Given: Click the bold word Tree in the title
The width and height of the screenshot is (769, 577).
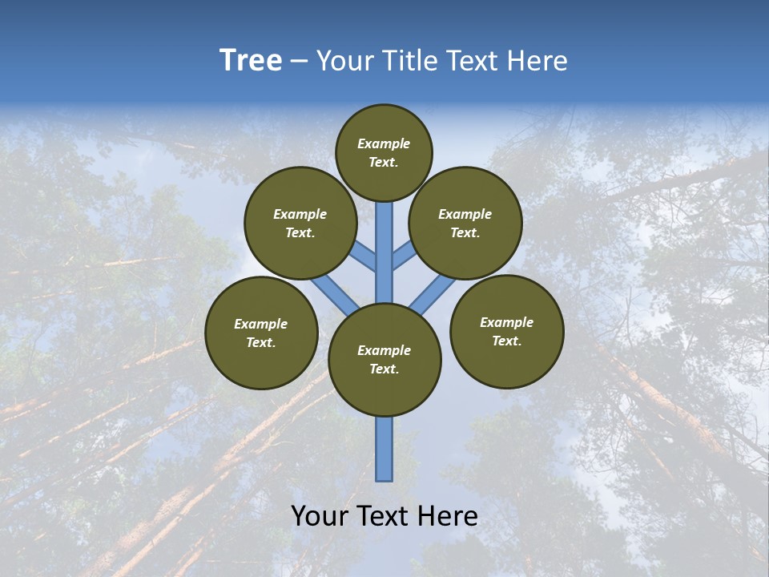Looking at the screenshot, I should point(251,60).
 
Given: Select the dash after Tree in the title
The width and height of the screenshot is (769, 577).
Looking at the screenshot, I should point(298,62).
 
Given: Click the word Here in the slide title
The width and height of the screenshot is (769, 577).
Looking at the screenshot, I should point(538,61).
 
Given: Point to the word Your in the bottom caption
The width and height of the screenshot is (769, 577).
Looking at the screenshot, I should point(320,516).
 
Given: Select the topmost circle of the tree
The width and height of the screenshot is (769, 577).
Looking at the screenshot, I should point(384,152).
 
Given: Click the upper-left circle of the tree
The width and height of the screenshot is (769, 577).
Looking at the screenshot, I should point(300,223).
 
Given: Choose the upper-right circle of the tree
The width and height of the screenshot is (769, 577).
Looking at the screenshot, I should point(465,223).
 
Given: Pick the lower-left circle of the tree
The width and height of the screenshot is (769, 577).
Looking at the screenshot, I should point(261,333).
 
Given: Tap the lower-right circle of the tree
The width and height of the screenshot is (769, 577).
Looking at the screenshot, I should point(506,331).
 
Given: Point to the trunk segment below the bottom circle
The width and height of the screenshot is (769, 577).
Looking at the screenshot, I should point(384,449).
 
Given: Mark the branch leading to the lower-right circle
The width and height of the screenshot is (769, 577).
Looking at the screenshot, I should point(433,294).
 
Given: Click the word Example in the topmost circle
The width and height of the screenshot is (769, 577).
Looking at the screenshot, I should point(384,144).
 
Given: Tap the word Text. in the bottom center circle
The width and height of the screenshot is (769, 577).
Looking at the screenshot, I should point(384,369).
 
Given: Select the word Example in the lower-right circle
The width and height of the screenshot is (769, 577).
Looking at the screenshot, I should point(506,323).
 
